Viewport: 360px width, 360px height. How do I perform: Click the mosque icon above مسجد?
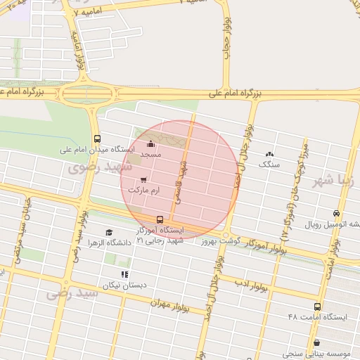[150, 144]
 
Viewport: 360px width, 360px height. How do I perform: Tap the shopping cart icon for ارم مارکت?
[143, 180]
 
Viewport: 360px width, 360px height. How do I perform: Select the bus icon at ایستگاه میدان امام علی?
[96, 139]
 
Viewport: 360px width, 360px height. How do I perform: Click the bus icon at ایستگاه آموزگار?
[160, 219]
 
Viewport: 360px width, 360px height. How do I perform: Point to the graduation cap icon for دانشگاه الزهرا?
[109, 232]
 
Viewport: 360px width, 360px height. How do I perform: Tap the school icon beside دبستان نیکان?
[125, 274]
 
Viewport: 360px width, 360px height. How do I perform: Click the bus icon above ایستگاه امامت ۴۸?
[317, 307]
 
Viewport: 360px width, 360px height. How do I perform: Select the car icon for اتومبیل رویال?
[337, 214]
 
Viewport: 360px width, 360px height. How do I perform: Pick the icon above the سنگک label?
[269, 154]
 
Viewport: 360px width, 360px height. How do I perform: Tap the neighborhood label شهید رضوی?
[94, 168]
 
